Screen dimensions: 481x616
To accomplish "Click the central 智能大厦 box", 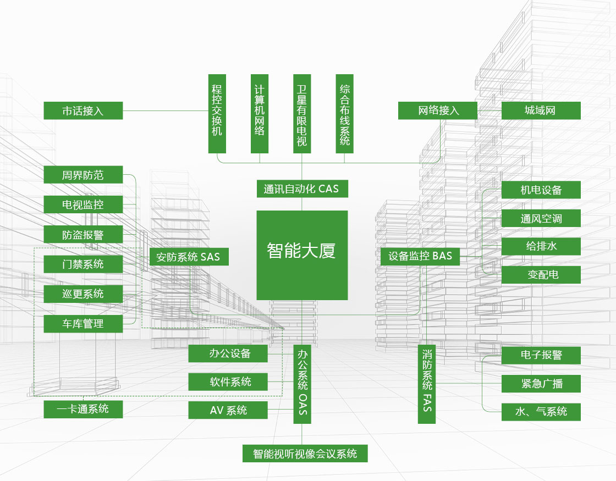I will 302,255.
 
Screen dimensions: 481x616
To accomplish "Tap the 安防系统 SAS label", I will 189,257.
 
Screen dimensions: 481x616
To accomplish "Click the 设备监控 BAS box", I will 420,256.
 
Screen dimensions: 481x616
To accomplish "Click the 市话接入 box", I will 83,110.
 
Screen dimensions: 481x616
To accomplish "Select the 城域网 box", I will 541,110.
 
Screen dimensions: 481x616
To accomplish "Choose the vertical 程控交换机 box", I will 217,113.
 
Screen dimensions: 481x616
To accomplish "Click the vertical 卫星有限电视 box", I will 302,113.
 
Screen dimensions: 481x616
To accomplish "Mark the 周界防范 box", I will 83,175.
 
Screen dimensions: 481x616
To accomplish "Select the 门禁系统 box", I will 83,264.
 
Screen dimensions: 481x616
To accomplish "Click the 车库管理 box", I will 83,324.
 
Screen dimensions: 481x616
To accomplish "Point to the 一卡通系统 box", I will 83,409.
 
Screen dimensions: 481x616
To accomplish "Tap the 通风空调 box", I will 541,219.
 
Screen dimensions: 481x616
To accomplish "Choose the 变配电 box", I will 541,274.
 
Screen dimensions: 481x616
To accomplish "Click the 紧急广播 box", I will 541,384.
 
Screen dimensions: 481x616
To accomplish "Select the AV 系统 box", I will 228,410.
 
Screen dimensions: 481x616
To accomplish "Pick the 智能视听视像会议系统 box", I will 305,454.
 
